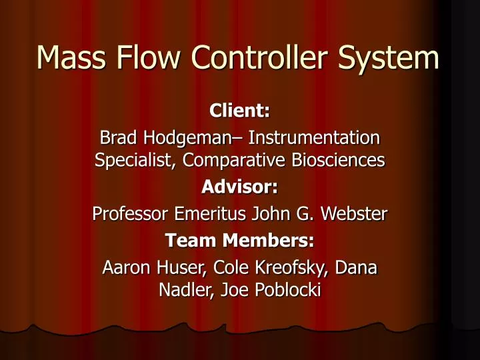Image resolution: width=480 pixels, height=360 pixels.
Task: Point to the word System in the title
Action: (393, 59)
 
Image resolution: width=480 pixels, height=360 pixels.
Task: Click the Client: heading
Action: (240, 110)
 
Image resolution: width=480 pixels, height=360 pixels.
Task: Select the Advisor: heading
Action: (240, 189)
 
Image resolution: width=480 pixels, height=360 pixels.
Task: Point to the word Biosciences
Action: (343, 161)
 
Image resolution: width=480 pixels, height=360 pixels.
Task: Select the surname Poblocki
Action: (276, 291)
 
